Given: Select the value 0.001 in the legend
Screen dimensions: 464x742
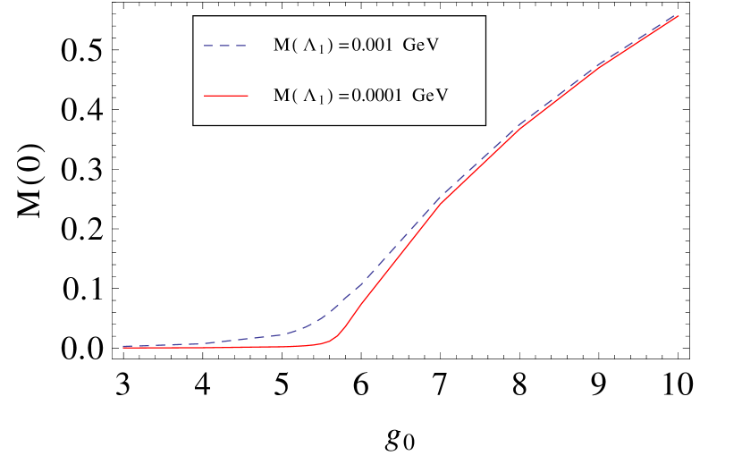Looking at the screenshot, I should click(x=369, y=45).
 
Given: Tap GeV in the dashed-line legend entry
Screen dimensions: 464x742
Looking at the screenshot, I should click(x=420, y=45).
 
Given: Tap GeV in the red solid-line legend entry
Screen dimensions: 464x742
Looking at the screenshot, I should click(x=429, y=94).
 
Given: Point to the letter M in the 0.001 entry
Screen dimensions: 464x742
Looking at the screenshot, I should click(x=281, y=45).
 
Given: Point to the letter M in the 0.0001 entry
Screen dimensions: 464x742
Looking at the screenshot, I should click(x=281, y=94).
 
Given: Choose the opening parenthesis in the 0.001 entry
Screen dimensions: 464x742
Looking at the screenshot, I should click(x=295, y=45).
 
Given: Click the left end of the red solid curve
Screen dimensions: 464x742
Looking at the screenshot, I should click(x=123, y=347).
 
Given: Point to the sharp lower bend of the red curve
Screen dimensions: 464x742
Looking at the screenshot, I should click(x=338, y=337).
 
